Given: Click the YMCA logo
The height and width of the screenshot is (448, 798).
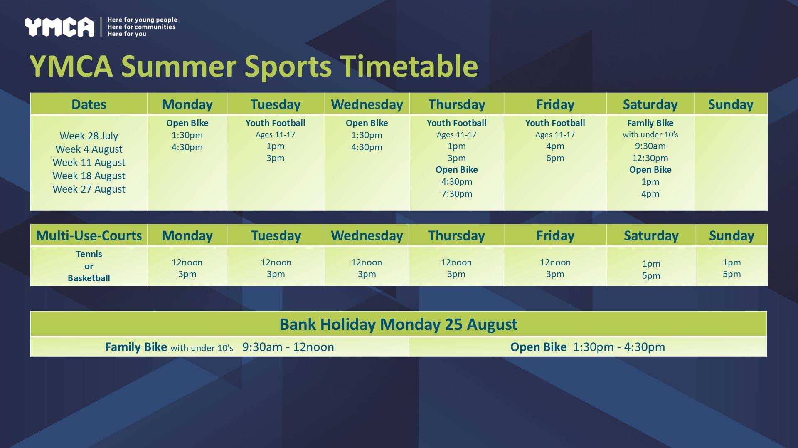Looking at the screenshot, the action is [59, 27].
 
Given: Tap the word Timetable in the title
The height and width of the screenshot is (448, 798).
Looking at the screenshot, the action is [409, 66].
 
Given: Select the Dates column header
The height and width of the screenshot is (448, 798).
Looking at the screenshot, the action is [89, 104].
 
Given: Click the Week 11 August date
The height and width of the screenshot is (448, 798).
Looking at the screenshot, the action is [89, 163].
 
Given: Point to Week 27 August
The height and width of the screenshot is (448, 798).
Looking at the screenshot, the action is [89, 189].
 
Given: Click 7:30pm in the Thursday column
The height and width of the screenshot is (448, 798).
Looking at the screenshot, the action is [457, 194].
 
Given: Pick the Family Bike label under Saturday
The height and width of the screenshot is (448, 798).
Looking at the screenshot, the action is [650, 123].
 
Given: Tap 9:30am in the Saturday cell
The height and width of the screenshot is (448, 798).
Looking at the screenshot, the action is [650, 146].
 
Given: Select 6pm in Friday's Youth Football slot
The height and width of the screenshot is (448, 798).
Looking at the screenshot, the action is [555, 158].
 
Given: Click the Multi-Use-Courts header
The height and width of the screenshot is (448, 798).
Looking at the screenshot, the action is [89, 236].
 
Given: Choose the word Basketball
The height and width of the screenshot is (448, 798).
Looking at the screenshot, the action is [89, 278].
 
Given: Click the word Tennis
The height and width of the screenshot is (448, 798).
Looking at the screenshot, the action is [89, 254].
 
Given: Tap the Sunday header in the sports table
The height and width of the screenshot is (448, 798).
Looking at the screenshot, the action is [731, 105].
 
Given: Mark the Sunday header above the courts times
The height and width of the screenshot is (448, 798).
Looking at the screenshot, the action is [731, 236].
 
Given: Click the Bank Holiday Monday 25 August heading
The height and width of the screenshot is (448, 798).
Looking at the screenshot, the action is [399, 324].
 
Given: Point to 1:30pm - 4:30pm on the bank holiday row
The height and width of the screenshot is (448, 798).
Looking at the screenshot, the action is [619, 347].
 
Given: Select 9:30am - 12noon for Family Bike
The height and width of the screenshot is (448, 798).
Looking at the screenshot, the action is [288, 347].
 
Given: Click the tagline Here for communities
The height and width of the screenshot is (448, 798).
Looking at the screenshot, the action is [141, 27].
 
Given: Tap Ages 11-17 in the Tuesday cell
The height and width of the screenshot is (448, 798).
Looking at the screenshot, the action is [276, 135].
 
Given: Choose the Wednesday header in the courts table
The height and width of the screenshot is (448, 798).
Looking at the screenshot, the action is [367, 236].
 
